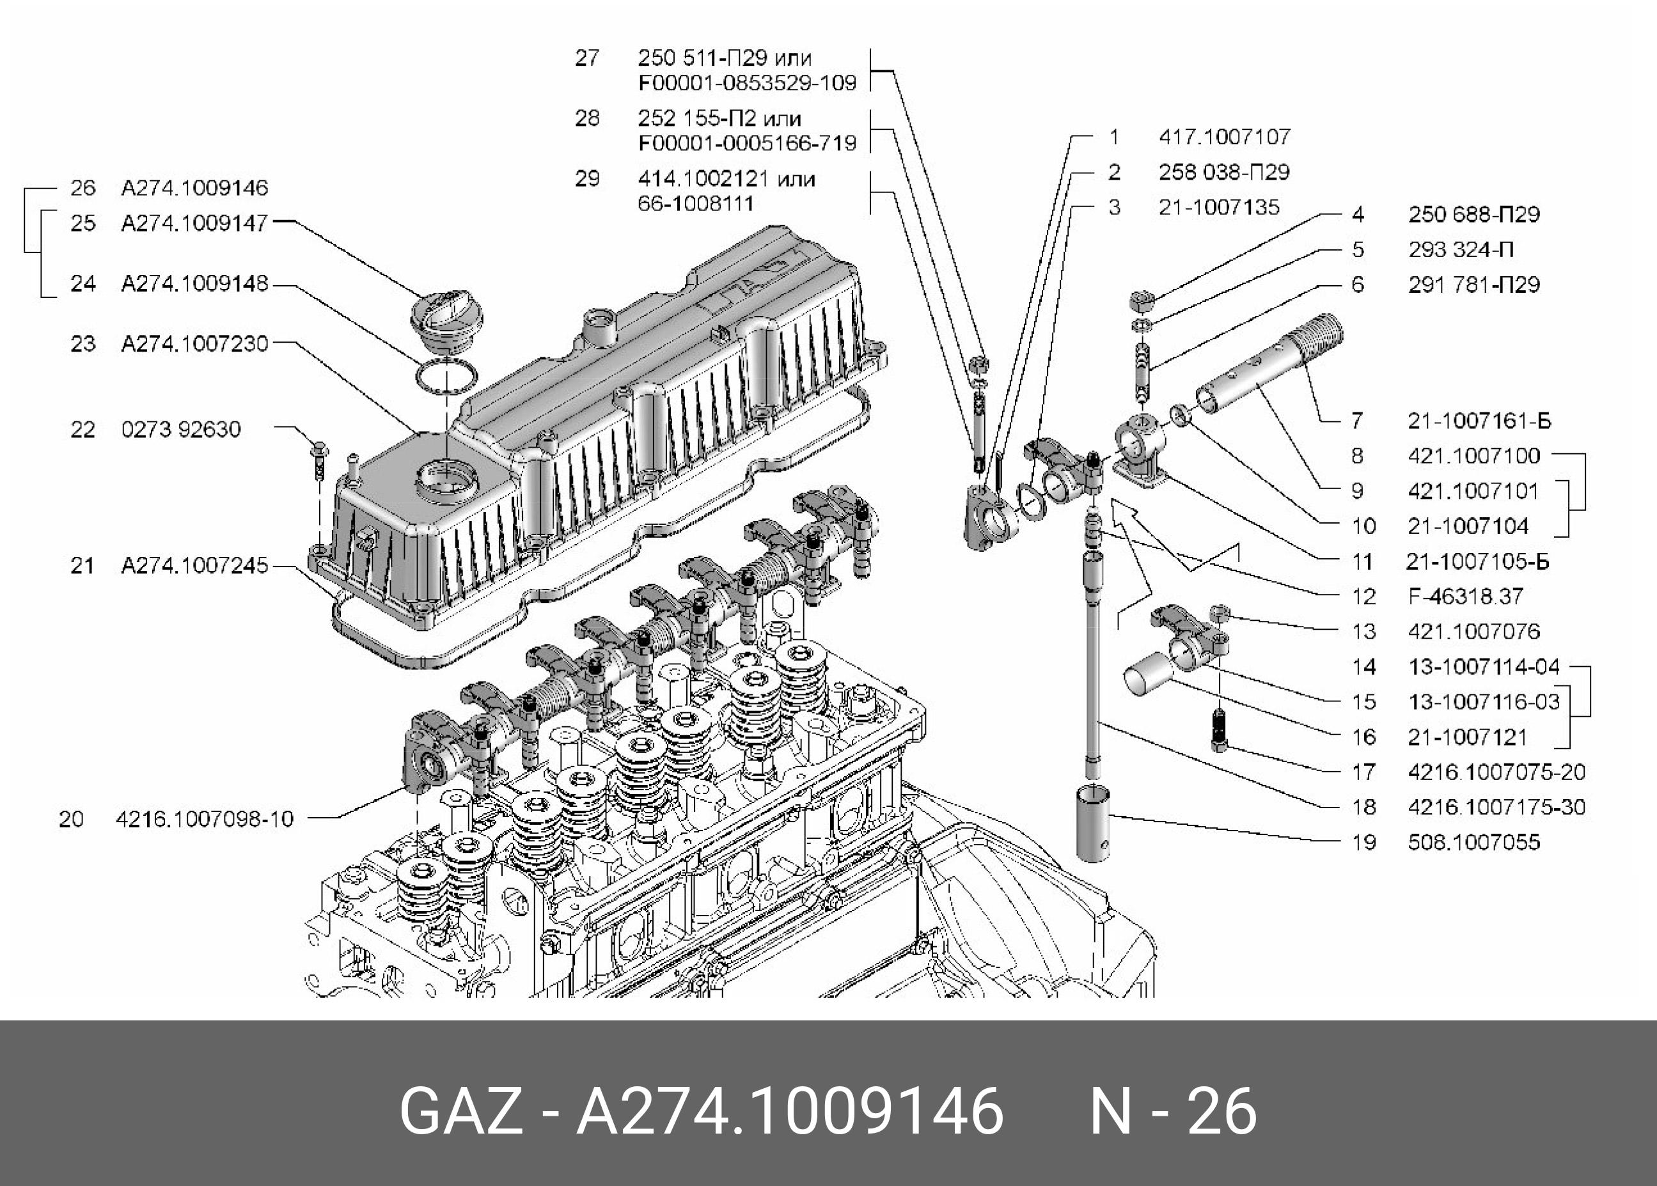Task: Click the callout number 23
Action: tap(82, 343)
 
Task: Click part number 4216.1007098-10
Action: tap(205, 818)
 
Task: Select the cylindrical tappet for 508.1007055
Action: tap(1093, 823)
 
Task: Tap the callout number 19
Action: tap(1363, 842)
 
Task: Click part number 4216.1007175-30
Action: tap(1496, 807)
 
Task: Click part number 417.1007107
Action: tap(1225, 137)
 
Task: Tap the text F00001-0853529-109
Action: tap(746, 82)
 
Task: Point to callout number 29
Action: tap(587, 179)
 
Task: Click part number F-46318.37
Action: tap(1465, 597)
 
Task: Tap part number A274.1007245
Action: tap(194, 565)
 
